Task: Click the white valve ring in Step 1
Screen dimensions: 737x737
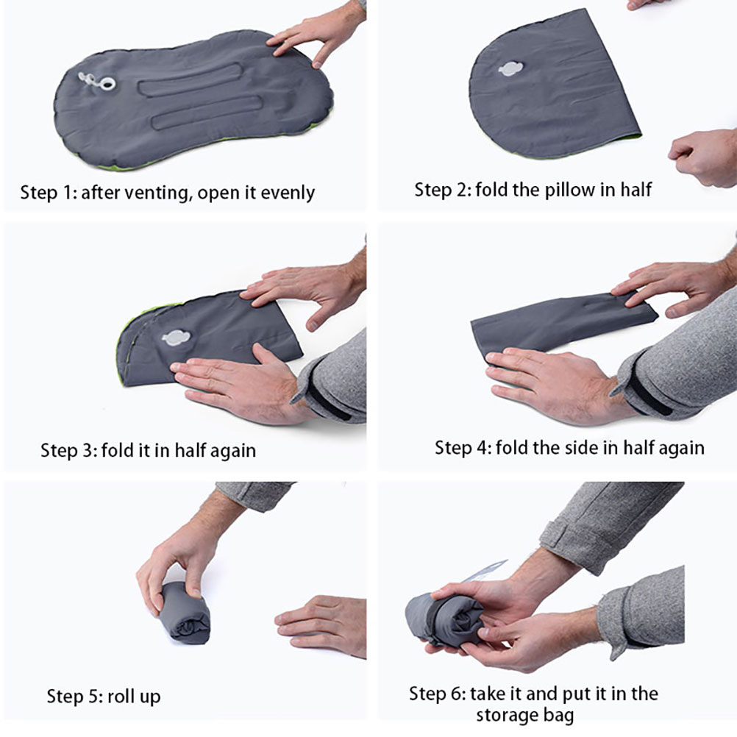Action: (107, 84)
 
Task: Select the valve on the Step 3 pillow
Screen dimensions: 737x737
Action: (176, 338)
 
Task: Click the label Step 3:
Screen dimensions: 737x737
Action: (69, 450)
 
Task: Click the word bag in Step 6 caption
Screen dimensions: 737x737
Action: (559, 716)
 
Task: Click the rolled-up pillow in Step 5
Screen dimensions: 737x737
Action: (184, 613)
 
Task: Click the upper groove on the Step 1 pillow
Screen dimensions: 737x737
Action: (191, 80)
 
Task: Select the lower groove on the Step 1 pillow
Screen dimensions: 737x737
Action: (206, 113)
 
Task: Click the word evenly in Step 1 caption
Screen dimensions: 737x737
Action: (288, 193)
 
